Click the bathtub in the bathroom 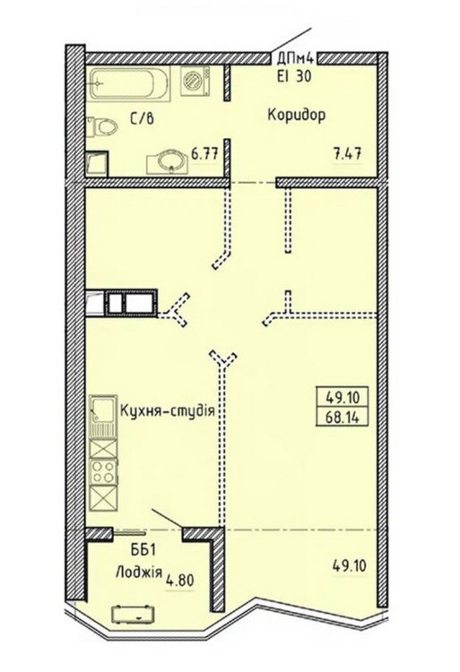pos(130,83)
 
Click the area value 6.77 pos(205,153)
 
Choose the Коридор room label pos(297,116)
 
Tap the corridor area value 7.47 pos(348,153)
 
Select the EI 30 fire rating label pos(293,76)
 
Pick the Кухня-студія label pos(167,411)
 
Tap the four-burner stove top pos(103,472)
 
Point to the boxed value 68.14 pos(342,417)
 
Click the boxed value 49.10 pos(342,398)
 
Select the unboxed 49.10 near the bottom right pos(350,566)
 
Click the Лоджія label pos(139,572)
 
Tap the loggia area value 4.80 pos(180,581)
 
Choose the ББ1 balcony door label pos(141,550)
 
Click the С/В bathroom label pos(141,119)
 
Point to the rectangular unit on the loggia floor pos(135,614)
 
